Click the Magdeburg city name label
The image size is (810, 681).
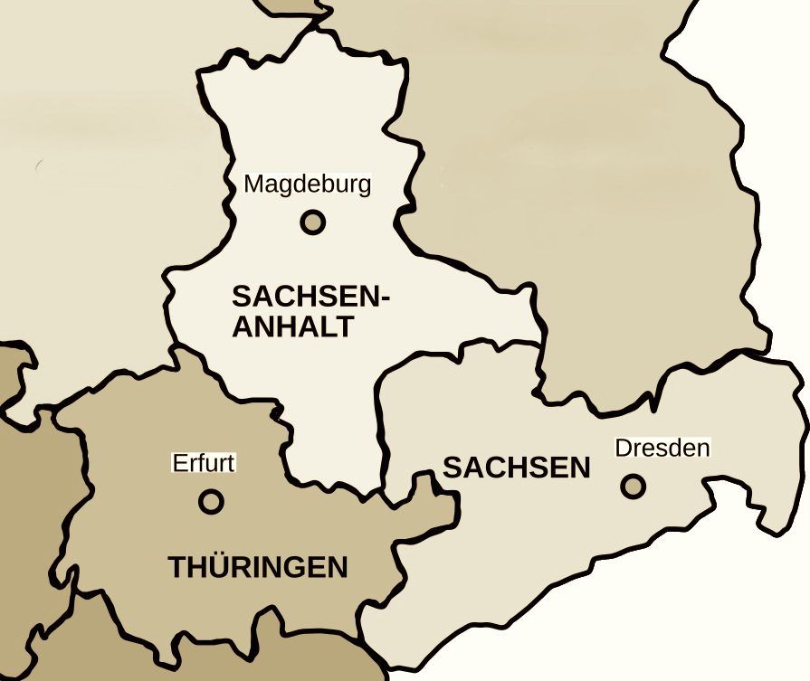(x=308, y=185)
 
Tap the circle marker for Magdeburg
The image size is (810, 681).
(x=312, y=222)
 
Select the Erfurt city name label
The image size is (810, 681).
(x=204, y=464)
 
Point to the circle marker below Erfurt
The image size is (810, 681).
(x=211, y=500)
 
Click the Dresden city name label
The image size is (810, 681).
(x=662, y=448)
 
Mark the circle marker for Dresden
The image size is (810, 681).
(x=634, y=486)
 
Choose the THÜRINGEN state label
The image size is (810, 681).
(x=258, y=568)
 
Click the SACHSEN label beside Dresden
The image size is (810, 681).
(x=516, y=468)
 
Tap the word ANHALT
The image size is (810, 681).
(x=292, y=326)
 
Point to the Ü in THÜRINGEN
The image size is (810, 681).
(x=219, y=567)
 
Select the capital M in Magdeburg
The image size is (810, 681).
(x=254, y=185)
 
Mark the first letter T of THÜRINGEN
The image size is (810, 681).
(x=177, y=568)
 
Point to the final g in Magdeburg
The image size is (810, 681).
(x=365, y=187)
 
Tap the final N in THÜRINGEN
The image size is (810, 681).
(x=338, y=568)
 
